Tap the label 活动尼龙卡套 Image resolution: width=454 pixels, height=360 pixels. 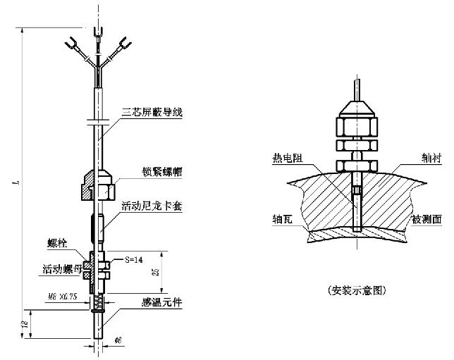coord(147,206)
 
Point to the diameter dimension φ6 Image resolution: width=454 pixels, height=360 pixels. coord(118,340)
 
